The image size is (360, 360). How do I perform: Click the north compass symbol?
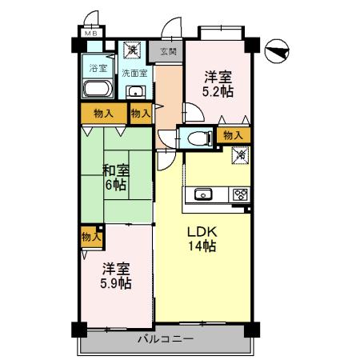[x=277, y=51]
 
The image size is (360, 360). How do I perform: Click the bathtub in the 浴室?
[x=98, y=88]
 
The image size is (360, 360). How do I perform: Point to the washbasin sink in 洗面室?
[x=136, y=92]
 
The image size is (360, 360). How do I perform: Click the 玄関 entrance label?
[x=169, y=51]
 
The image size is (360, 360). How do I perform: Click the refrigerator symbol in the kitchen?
[x=241, y=155]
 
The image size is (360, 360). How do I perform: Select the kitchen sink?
[x=203, y=194]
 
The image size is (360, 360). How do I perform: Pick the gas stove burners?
[x=241, y=194]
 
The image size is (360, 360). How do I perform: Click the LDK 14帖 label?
[x=202, y=239]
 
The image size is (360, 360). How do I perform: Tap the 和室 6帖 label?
[x=116, y=178]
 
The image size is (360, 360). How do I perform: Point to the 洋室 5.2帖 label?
[x=218, y=84]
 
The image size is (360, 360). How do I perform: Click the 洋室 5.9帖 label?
[x=116, y=276]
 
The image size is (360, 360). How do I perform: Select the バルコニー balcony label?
[x=166, y=339]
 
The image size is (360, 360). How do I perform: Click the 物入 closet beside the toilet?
[x=234, y=135]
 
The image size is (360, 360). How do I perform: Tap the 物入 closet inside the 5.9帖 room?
[x=91, y=237]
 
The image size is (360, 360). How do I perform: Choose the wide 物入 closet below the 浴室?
[x=104, y=114]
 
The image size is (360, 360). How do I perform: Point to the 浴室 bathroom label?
[x=98, y=69]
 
